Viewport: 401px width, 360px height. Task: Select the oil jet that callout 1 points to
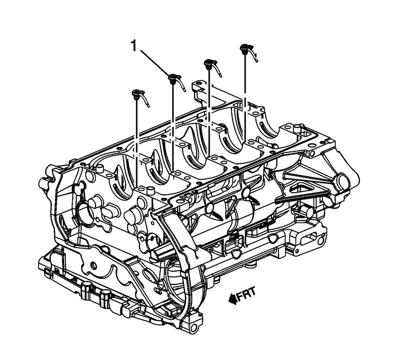[176, 82]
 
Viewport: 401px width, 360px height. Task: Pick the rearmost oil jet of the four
[249, 52]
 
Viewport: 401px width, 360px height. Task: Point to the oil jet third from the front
[213, 67]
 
